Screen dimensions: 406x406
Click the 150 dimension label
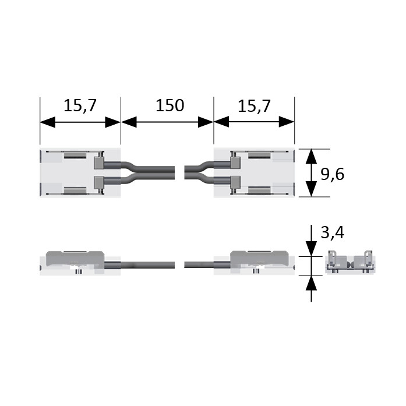coord(170,105)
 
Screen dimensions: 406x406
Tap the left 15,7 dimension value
coord(80,106)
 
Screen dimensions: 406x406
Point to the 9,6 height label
coord(333,174)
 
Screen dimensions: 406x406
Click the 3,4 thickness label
coord(333,232)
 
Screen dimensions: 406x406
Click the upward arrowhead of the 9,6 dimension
coord(311,157)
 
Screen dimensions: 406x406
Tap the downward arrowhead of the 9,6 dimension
coord(311,189)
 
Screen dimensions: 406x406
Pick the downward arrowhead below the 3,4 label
coord(311,249)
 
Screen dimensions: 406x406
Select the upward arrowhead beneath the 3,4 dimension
coord(311,283)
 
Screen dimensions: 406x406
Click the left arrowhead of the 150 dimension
coord(129,122)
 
